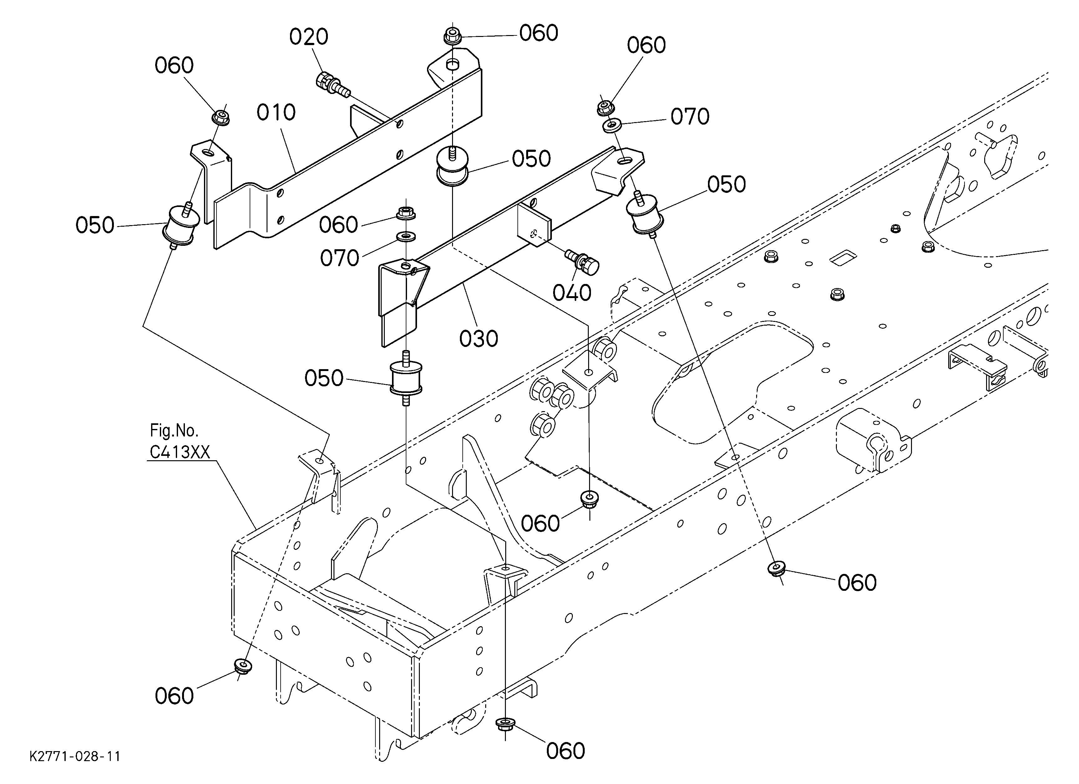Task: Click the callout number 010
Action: [276, 113]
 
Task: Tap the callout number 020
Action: [309, 37]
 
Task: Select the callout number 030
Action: [479, 339]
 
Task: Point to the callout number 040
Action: [572, 293]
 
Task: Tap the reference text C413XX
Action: [180, 452]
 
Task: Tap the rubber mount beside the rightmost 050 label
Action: [645, 214]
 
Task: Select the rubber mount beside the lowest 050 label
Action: [406, 378]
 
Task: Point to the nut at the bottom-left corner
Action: [243, 665]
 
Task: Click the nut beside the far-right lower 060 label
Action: [777, 568]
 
